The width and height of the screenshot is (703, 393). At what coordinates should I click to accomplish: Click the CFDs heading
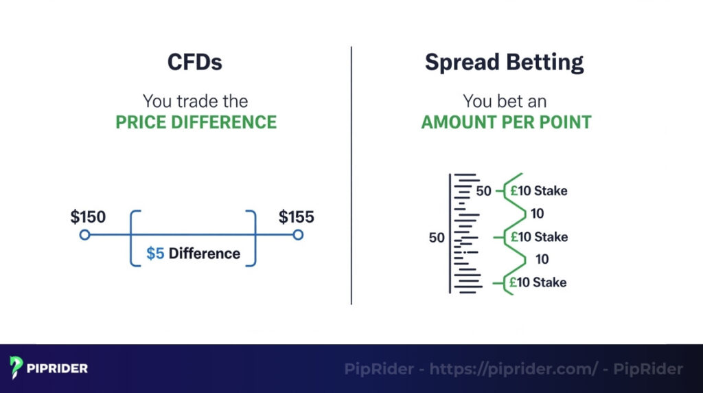[x=195, y=63]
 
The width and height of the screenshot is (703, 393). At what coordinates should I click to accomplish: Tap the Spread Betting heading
[x=505, y=63]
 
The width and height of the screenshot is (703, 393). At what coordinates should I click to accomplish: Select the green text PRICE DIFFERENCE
[x=196, y=123]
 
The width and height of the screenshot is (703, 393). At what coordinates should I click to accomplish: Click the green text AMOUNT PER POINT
[x=506, y=123]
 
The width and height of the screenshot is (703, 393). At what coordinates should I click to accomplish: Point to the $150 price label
[x=88, y=218]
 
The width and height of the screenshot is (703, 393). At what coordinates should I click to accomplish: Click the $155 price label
[x=296, y=218]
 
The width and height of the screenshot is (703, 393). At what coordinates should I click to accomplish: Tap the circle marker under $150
[x=84, y=235]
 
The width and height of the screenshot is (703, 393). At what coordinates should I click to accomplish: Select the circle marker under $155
[x=297, y=235]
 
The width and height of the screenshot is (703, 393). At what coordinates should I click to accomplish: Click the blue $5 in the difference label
[x=155, y=254]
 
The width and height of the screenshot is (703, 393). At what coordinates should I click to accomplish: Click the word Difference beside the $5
[x=205, y=254]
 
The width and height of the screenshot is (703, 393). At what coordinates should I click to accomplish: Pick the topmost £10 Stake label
[x=538, y=191]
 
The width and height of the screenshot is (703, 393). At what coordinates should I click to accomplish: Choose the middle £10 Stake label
[x=538, y=237]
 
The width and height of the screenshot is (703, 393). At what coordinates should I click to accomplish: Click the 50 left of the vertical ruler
[x=437, y=238]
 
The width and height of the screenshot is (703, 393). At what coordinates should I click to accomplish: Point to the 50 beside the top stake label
[x=484, y=191]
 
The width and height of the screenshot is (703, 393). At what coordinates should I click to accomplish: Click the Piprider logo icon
[x=17, y=368]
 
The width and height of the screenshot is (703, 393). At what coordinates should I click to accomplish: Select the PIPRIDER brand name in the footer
[x=58, y=369]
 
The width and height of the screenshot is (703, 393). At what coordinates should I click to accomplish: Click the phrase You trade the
[x=196, y=101]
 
